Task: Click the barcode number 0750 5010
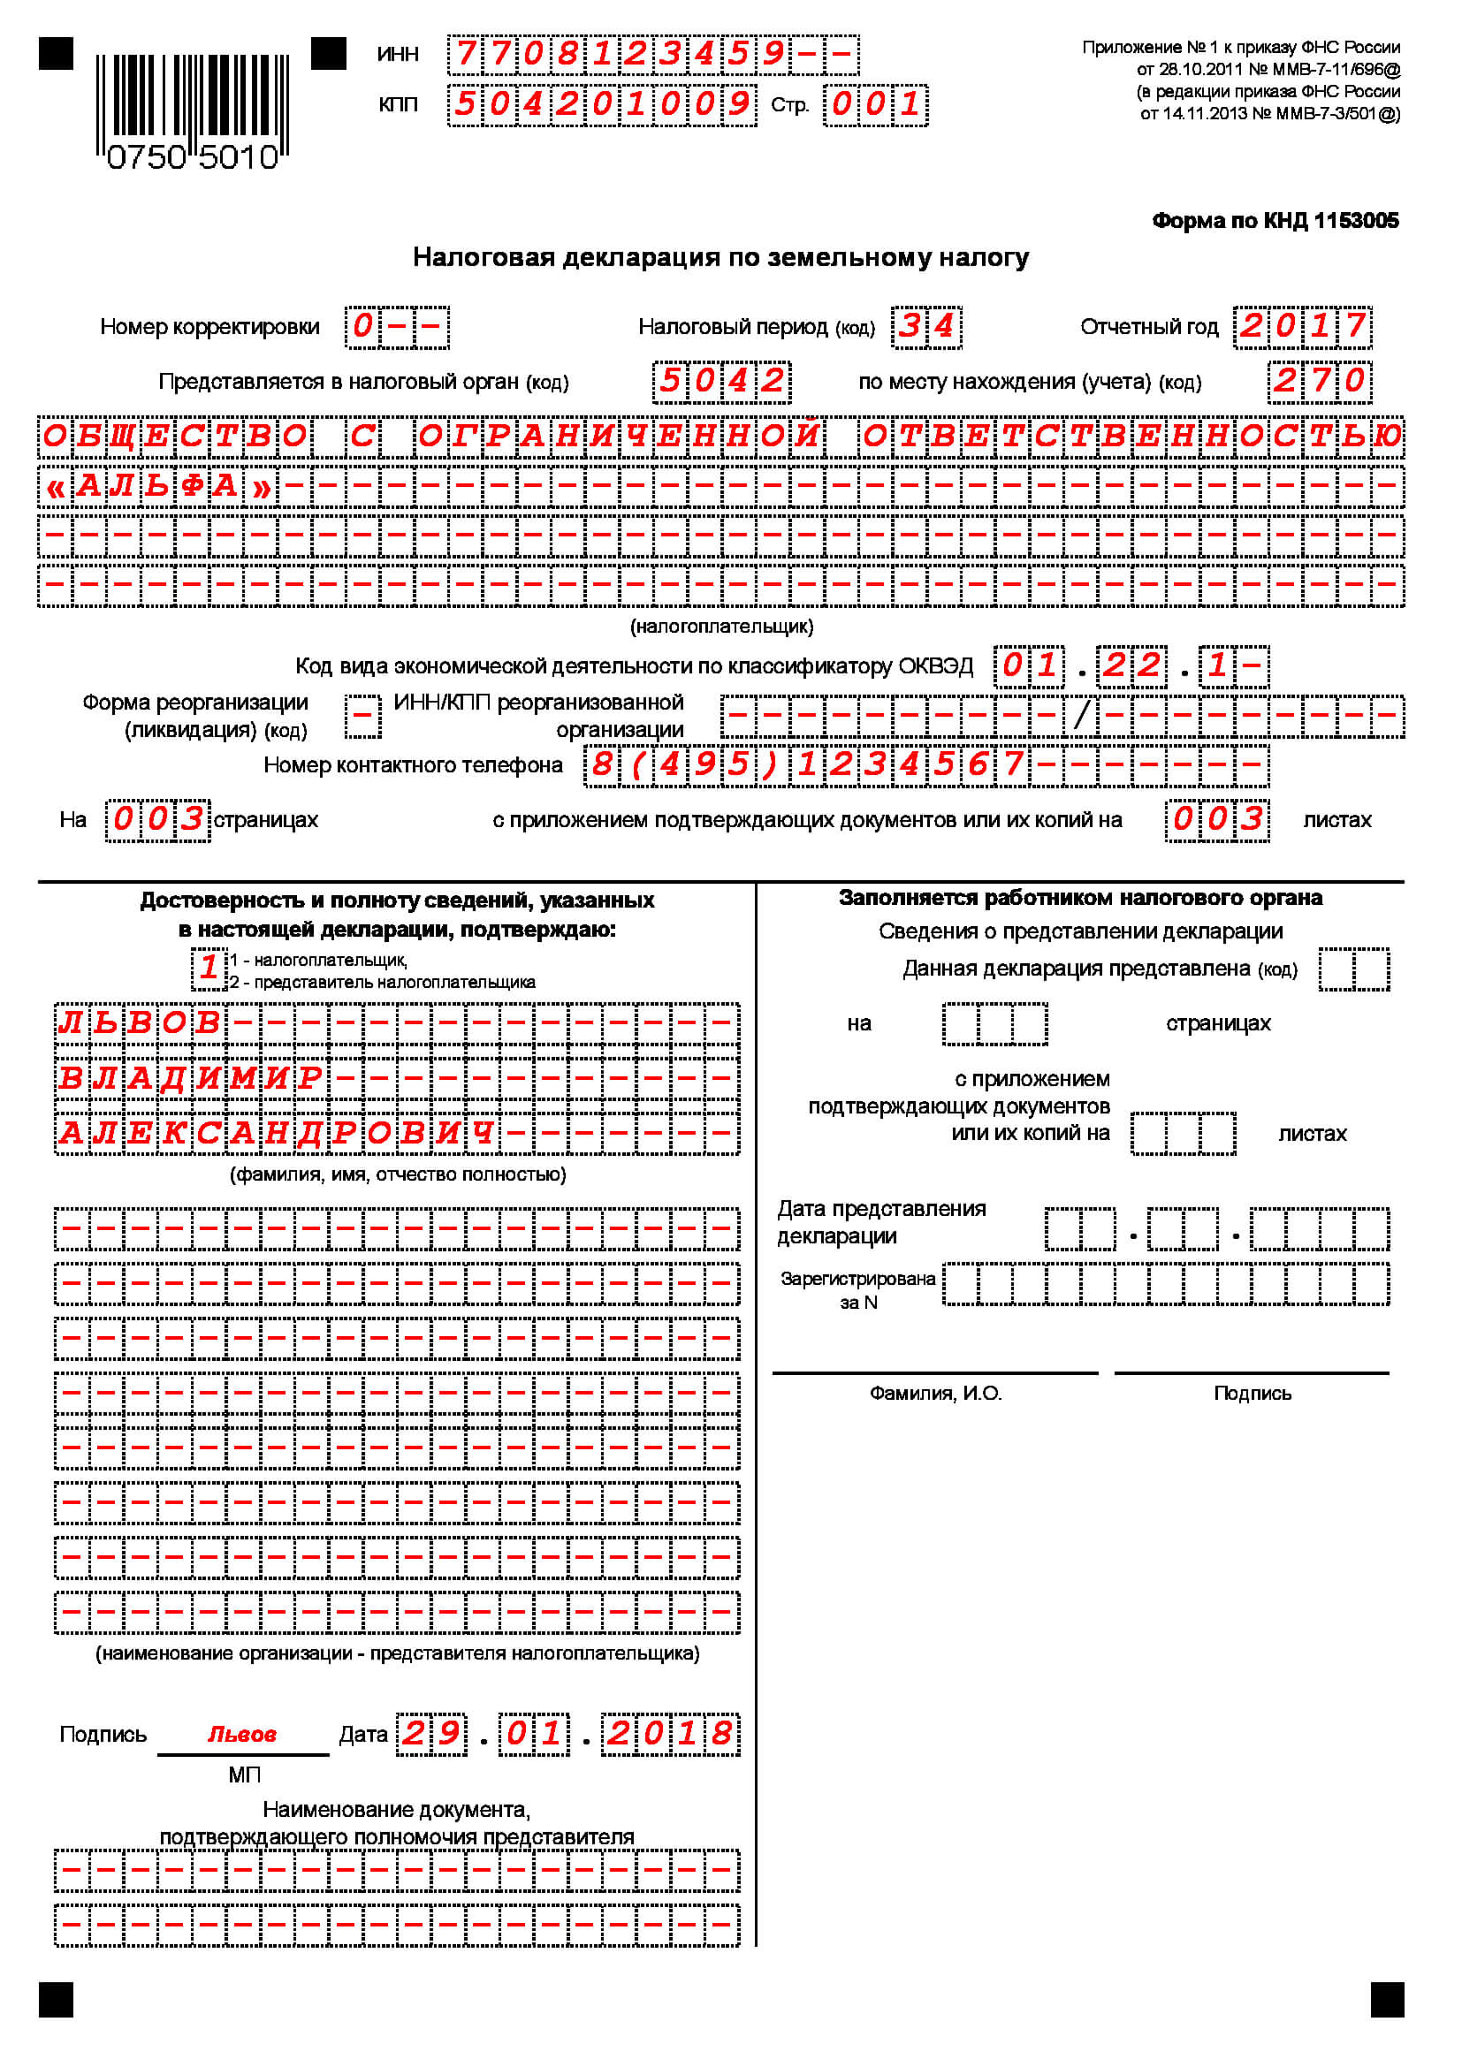(193, 158)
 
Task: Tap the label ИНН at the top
(398, 54)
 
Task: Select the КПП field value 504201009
(601, 104)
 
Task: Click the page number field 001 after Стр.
(875, 104)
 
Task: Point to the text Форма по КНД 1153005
(1275, 221)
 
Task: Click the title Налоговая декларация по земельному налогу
(720, 257)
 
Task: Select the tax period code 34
(926, 326)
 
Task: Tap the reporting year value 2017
(1303, 326)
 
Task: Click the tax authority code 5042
(721, 381)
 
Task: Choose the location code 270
(1320, 381)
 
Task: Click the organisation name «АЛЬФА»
(158, 487)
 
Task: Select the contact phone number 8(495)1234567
(807, 765)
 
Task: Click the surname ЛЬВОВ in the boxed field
(140, 1022)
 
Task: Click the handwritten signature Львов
(242, 1734)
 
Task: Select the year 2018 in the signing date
(670, 1734)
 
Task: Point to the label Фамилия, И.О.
(935, 1394)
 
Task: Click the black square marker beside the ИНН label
(329, 53)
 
